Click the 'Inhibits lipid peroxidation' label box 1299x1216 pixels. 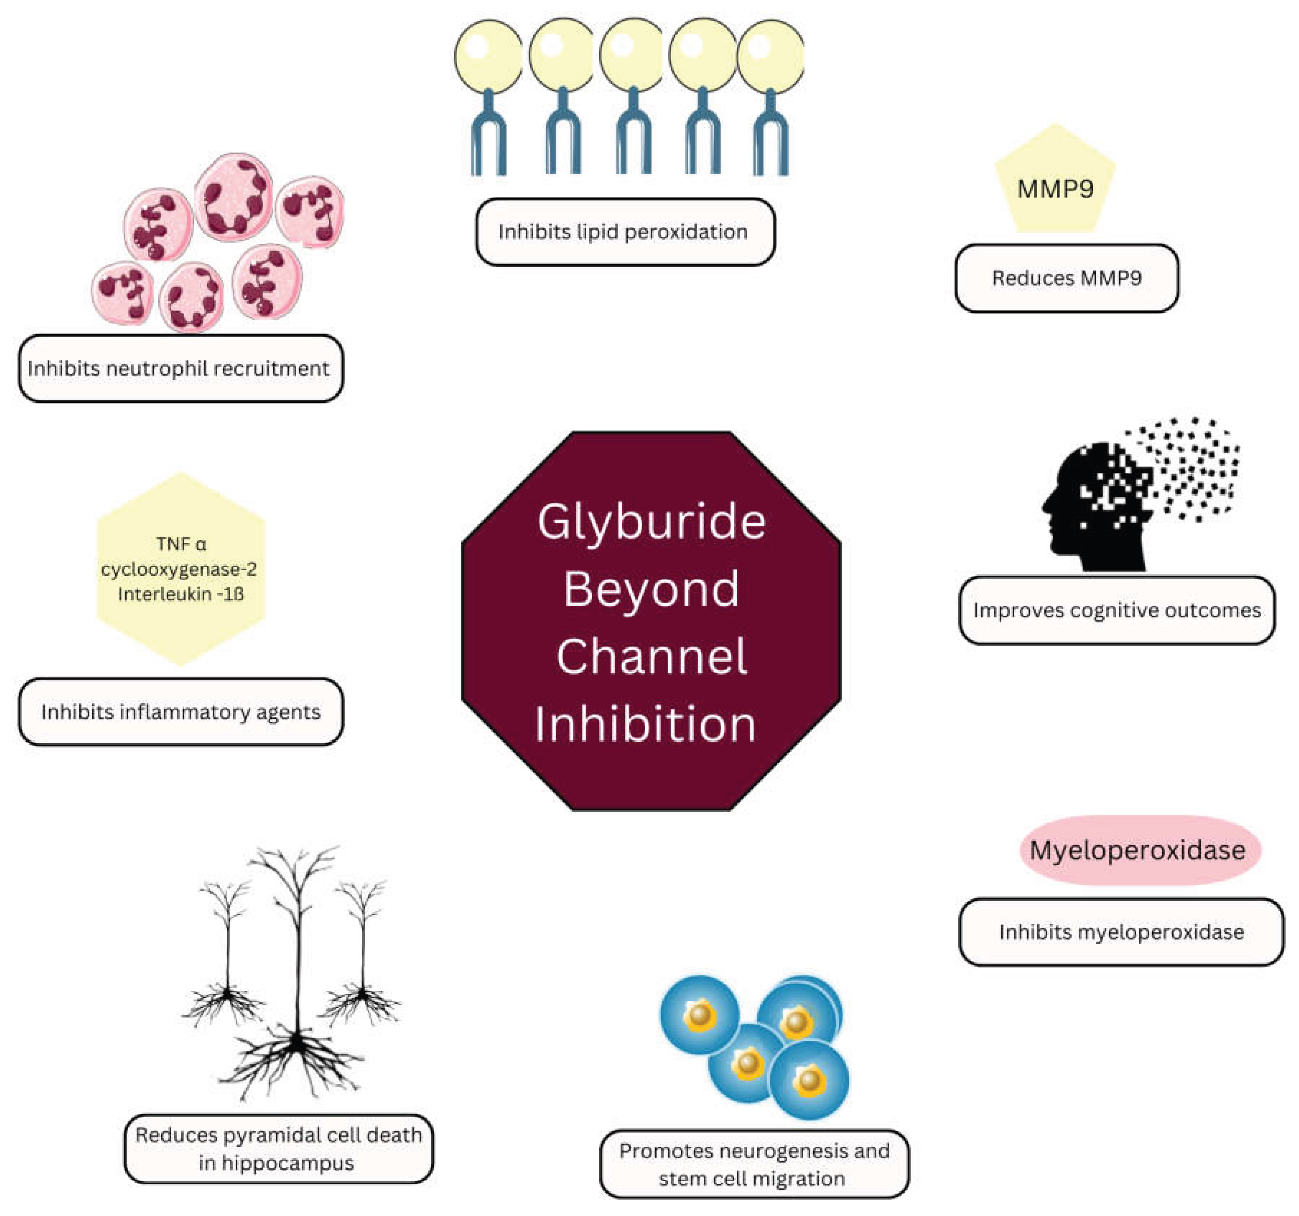coord(625,232)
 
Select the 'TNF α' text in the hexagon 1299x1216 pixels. coord(181,544)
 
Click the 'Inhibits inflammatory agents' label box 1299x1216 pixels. coord(181,712)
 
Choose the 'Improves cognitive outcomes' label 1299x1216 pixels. coord(1117,610)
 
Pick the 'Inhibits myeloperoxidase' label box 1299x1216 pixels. coord(1121,932)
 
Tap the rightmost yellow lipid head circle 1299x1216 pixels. coord(771,56)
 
